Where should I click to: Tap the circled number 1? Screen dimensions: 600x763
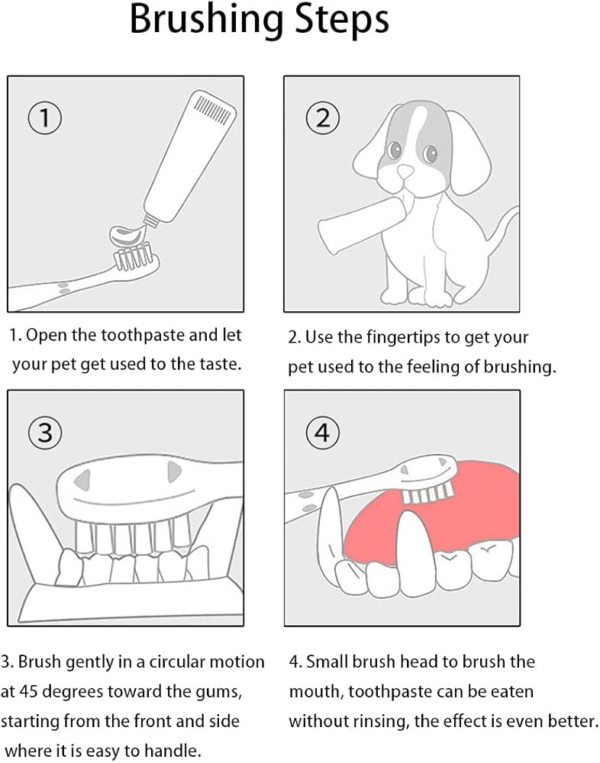(x=45, y=118)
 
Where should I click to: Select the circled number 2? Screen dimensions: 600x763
(x=322, y=118)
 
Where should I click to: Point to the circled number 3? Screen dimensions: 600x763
(x=45, y=432)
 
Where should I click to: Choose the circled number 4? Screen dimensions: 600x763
(x=322, y=432)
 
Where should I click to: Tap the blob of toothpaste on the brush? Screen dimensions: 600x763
(x=128, y=235)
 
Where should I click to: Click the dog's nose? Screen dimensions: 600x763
(x=405, y=171)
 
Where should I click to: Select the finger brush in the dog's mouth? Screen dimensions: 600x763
(x=363, y=227)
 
